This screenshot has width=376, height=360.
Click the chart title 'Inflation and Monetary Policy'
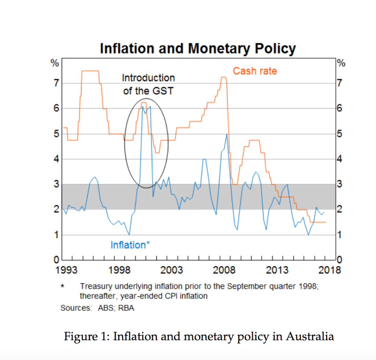(198, 48)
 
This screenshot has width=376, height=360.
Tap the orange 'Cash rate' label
(255, 71)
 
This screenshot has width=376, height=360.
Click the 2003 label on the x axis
(172, 271)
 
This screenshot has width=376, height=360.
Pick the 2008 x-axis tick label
(225, 271)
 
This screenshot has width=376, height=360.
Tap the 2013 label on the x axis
(277, 271)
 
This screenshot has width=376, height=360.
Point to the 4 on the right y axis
(340, 159)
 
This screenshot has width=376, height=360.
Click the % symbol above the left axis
(55, 63)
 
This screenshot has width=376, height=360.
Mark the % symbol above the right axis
(341, 63)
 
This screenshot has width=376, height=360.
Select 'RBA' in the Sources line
(126, 308)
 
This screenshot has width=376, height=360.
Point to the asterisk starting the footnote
(63, 286)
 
